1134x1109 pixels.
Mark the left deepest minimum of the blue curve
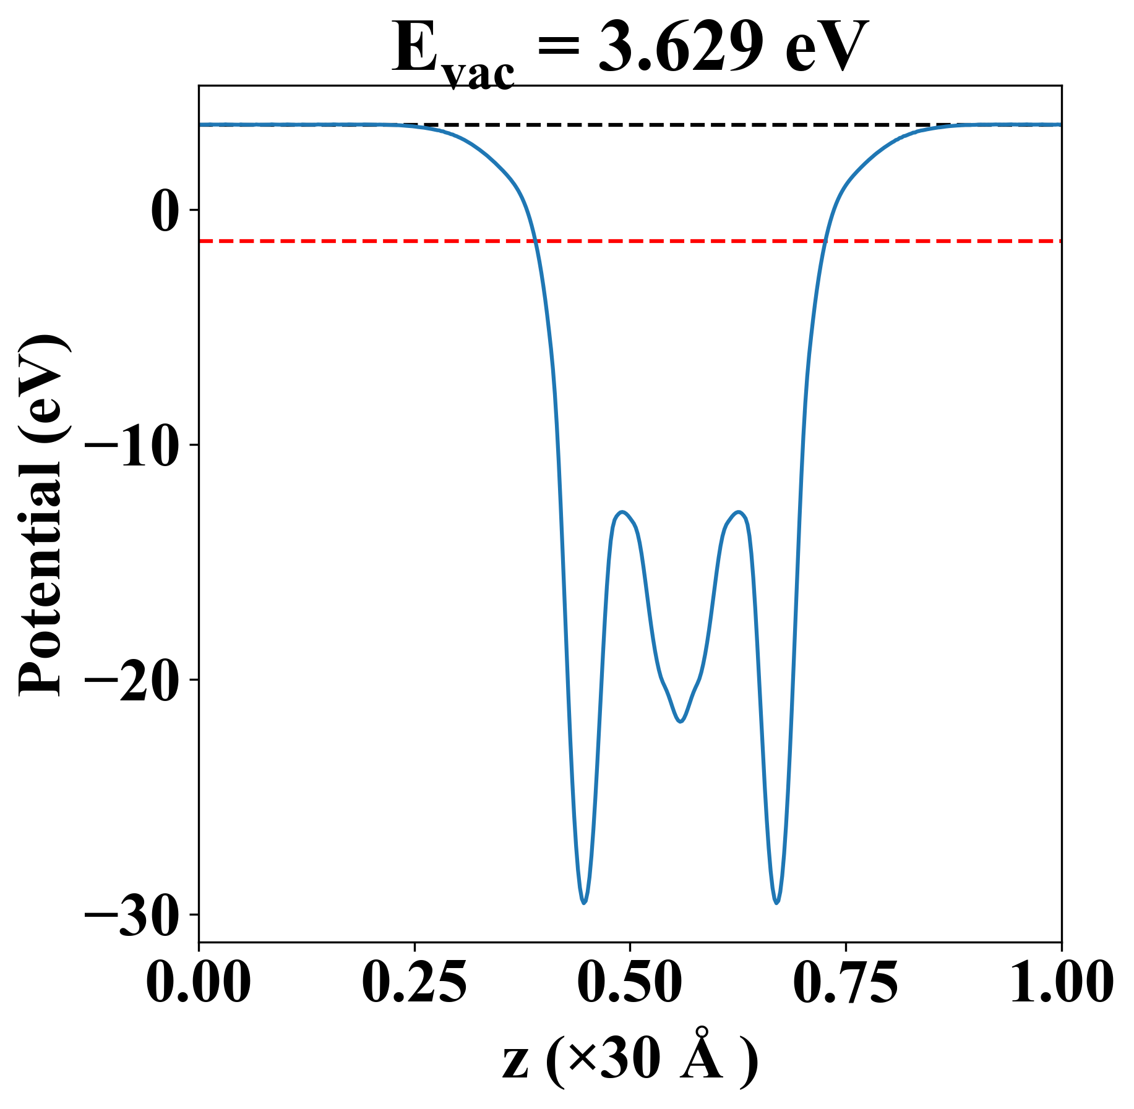(x=584, y=903)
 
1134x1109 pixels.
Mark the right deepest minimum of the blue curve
(x=777, y=903)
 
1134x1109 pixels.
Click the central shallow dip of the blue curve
(x=681, y=721)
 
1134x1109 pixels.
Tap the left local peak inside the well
(x=622, y=512)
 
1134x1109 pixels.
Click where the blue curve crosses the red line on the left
(x=535, y=240)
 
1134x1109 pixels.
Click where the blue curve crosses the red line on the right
(x=825, y=240)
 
